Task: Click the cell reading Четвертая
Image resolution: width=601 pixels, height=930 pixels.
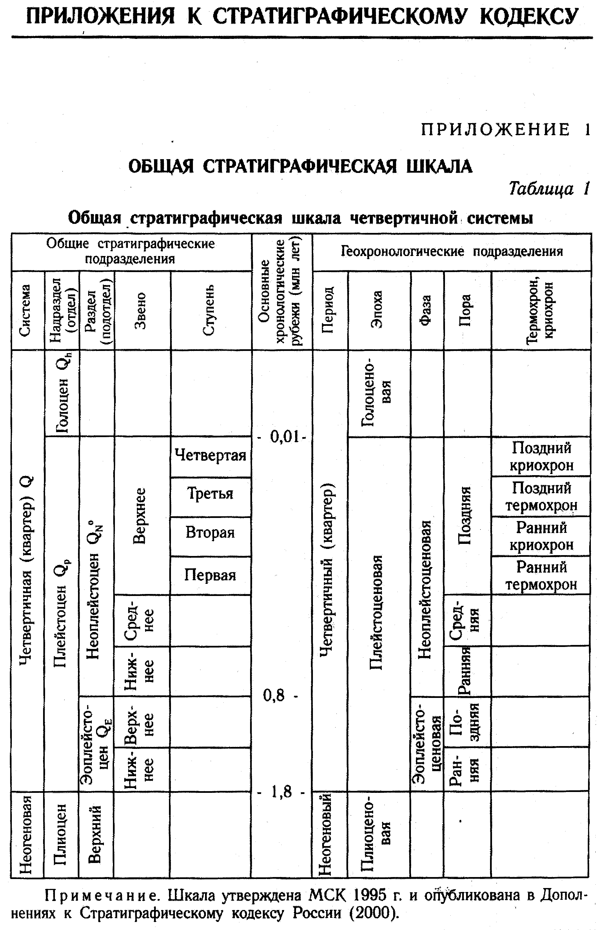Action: coord(210,455)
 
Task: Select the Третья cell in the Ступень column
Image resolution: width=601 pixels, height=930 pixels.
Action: coord(210,494)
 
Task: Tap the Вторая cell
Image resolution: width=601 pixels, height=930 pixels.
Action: coord(210,532)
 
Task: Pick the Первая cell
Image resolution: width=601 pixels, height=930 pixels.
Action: coord(210,575)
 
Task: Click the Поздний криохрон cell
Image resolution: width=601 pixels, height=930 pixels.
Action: coord(541,456)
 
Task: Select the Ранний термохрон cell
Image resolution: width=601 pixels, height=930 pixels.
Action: coord(541,575)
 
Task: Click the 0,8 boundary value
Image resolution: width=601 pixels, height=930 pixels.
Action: coord(274,695)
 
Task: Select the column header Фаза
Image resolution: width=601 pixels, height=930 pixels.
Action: coord(427,311)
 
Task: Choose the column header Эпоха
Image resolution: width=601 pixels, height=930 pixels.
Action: coord(377,311)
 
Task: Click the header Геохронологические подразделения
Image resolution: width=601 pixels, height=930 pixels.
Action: coord(451,251)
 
